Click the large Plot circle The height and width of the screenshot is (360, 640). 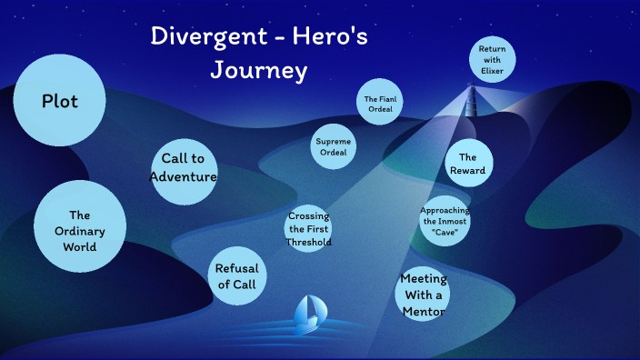(x=60, y=100)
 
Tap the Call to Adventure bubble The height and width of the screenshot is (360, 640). (x=183, y=167)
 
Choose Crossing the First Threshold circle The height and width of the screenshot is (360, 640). (x=308, y=229)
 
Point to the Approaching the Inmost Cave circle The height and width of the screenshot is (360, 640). (x=445, y=221)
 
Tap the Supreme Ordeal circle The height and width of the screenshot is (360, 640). (x=333, y=146)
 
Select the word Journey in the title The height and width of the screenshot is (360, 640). (x=259, y=70)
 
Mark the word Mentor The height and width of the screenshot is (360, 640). (x=424, y=311)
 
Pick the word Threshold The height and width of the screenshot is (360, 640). (x=308, y=242)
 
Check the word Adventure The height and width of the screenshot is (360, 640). (x=183, y=176)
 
